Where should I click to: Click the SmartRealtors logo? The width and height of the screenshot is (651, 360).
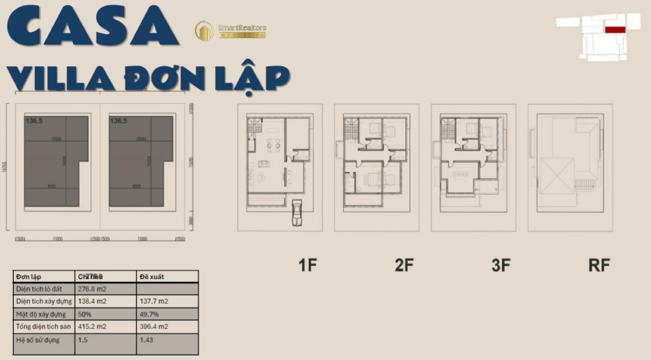[x=230, y=30]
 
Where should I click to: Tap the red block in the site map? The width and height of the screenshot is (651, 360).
[x=615, y=29]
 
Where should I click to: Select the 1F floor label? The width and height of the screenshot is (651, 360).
[x=307, y=265]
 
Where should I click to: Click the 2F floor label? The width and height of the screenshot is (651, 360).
[x=404, y=265]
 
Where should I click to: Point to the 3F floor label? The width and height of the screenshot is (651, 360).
[x=500, y=265]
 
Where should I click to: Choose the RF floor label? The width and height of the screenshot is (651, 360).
[x=599, y=265]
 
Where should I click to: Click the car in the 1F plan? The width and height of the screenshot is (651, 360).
[x=296, y=214]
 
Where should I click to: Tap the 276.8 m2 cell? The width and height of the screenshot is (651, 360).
[x=93, y=289]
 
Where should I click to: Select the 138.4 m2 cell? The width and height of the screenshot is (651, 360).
[x=93, y=302]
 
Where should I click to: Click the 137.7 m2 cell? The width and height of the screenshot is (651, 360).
[x=154, y=302]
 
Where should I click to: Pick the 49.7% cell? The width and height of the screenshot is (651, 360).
[x=150, y=314]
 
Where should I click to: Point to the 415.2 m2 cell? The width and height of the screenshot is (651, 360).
[x=93, y=327]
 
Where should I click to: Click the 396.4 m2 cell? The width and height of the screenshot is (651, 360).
[x=154, y=327]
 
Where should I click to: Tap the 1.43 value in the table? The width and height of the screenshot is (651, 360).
[x=147, y=340]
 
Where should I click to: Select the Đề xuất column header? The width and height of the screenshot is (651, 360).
[x=152, y=277]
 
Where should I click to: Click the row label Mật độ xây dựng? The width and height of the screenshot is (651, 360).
[x=41, y=314]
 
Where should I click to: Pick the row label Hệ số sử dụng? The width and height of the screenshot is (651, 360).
[x=38, y=340]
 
